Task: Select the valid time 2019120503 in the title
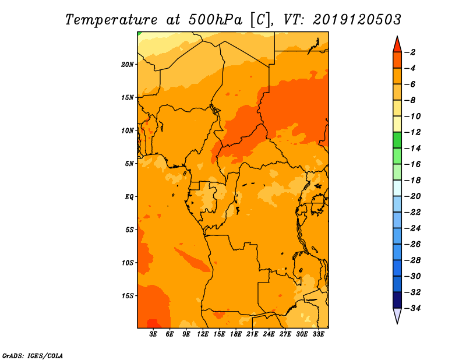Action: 356,19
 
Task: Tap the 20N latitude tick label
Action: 128,64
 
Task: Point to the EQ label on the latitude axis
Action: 129,196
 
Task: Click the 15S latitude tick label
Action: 128,295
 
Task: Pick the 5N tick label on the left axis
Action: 129,164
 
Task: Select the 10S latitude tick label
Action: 128,263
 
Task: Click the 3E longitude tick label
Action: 154,335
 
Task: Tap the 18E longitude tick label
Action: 236,335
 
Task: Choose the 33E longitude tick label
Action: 318,335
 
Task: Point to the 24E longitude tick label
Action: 269,335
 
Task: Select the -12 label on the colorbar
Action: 413,132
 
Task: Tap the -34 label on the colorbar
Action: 413,308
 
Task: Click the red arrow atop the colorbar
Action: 397,44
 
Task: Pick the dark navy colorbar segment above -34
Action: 397,299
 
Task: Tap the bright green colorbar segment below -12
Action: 397,140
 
